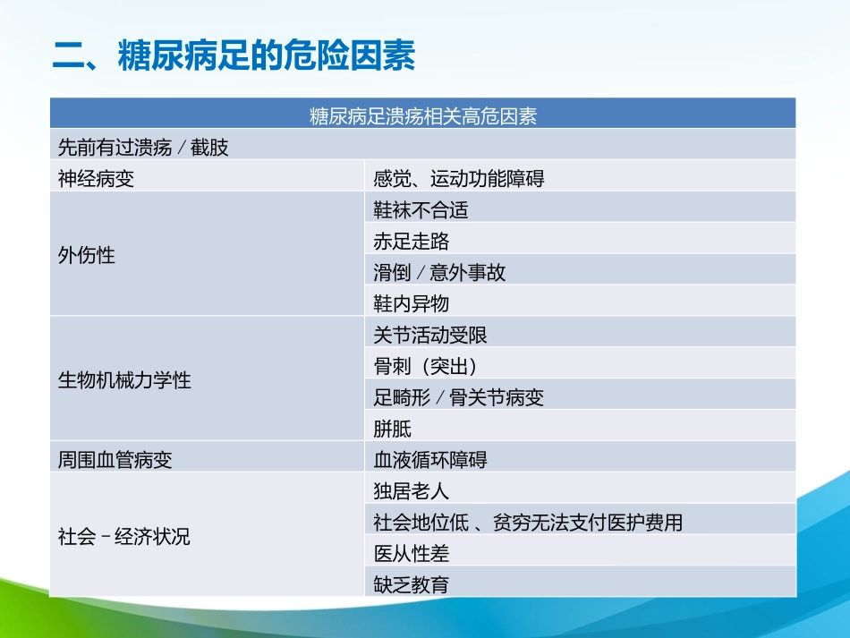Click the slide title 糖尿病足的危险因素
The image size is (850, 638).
[x=234, y=56]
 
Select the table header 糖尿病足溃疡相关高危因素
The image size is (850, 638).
[x=422, y=116]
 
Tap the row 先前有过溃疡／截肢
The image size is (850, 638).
[x=143, y=147]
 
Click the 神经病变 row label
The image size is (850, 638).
[x=96, y=178]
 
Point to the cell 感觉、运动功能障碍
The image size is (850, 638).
[x=459, y=178]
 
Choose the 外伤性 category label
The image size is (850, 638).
[x=87, y=255]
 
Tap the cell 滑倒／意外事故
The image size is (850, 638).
[x=439, y=272]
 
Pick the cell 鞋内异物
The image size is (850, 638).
[x=412, y=303]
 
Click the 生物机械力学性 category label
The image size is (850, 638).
[x=124, y=379]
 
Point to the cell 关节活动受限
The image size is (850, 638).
[x=430, y=335]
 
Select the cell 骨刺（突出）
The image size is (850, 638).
[x=425, y=366]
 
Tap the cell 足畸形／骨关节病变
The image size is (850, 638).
[x=459, y=397]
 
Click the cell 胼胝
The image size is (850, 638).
[x=393, y=429]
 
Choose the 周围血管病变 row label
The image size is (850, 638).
[x=115, y=460]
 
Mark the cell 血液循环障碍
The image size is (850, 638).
[x=430, y=460]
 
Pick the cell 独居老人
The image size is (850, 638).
[x=412, y=491]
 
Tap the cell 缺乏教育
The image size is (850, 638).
[x=412, y=585]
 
